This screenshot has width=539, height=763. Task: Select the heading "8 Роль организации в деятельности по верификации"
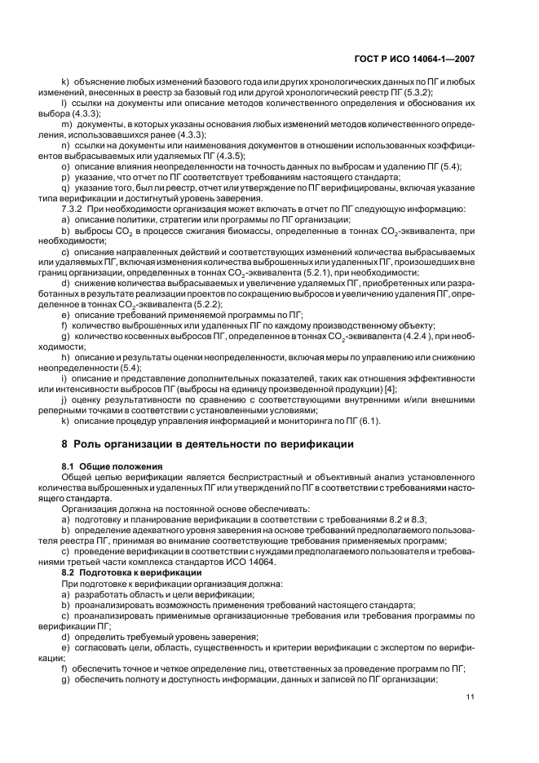coord(208,444)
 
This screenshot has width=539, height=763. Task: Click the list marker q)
coord(66,187)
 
